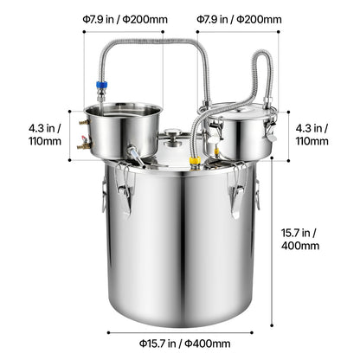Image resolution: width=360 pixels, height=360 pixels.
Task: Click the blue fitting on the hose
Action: point(101,85)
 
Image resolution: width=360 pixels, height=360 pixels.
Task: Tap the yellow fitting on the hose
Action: point(195,160)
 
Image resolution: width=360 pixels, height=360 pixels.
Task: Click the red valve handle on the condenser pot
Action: point(84,138)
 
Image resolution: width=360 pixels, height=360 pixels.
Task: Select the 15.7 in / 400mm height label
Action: point(300,239)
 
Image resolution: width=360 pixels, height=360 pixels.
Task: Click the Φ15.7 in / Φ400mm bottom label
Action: point(184,344)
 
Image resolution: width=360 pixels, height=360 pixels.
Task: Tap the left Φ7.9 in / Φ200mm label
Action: point(125,19)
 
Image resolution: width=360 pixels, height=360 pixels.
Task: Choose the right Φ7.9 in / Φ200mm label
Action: point(239,19)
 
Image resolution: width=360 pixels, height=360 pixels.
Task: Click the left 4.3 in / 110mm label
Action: point(45,134)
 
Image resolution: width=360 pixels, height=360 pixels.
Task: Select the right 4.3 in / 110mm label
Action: point(312,134)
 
